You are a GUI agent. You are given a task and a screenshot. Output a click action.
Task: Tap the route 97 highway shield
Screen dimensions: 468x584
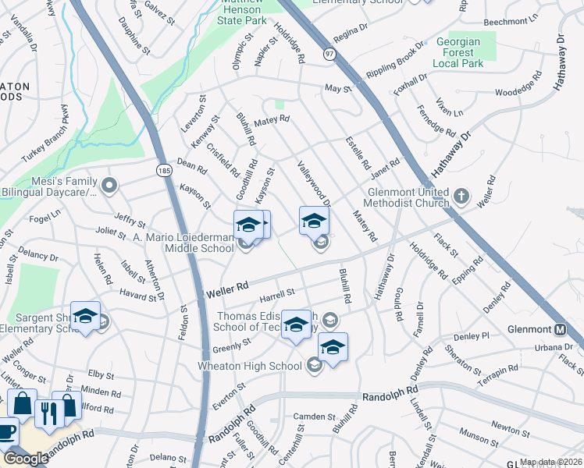(330, 54)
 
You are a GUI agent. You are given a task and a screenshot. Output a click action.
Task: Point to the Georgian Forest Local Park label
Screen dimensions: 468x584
(467, 51)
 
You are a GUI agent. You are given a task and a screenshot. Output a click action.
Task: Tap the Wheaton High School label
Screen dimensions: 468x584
(262, 366)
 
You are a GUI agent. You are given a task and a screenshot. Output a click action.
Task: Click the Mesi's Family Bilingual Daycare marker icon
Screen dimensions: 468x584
(109, 186)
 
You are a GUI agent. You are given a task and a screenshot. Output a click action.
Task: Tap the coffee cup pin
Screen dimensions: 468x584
(6, 431)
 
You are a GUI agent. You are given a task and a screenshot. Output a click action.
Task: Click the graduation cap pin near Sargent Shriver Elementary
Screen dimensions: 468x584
(85, 315)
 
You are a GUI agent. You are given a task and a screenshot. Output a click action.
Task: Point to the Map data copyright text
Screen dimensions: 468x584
(551, 462)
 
